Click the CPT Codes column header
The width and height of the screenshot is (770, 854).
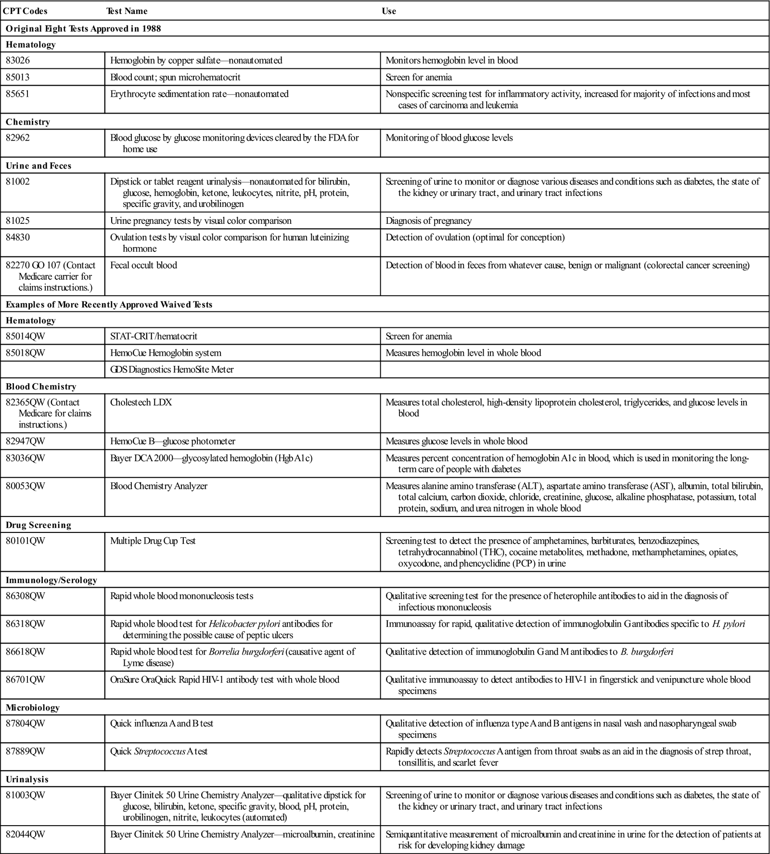point(26,11)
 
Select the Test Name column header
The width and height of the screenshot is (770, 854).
point(127,11)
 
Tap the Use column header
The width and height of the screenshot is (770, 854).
point(389,11)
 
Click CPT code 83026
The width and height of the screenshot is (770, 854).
point(18,61)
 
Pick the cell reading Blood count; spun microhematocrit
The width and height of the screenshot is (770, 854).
point(175,77)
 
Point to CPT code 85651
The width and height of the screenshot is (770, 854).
point(18,94)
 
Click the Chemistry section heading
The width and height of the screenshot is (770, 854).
point(27,122)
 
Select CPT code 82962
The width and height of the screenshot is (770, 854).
point(18,138)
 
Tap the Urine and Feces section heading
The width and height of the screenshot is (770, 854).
point(38,166)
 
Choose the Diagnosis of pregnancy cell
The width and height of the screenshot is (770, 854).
point(428,221)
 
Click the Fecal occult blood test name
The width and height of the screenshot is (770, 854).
point(143,265)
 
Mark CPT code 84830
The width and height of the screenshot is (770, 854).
point(18,237)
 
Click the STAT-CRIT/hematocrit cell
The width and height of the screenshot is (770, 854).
point(154,336)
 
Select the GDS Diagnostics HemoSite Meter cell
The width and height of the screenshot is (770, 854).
point(172,370)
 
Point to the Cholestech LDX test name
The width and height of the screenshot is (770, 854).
point(141,402)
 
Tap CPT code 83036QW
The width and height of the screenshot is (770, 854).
point(26,458)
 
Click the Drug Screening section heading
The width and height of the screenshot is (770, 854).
point(38,525)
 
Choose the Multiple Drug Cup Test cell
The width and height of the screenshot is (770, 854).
point(153,541)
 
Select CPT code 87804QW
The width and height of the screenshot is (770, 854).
point(26,724)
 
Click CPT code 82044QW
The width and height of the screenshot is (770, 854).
point(26,835)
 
